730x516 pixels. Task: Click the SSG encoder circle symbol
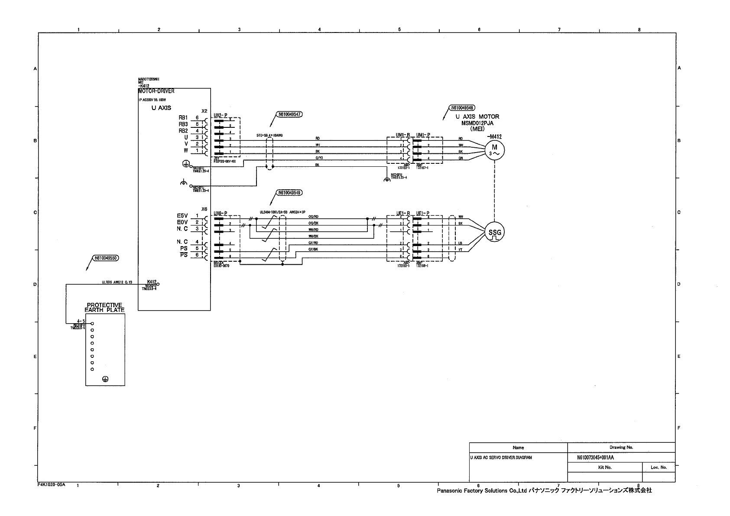click(494, 232)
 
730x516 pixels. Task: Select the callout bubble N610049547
click(289, 114)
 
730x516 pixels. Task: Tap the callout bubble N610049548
click(462, 108)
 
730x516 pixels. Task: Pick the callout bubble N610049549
click(289, 192)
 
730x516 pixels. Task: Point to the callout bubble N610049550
click(106, 258)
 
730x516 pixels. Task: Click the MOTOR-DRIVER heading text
click(156, 91)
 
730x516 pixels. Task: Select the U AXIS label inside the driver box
click(161, 108)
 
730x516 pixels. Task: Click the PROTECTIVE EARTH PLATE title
click(104, 307)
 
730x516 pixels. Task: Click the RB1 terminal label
click(183, 117)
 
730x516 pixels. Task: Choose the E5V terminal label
click(182, 216)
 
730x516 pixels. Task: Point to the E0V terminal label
click(182, 222)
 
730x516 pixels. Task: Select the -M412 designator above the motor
click(494, 136)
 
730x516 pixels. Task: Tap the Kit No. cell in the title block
click(604, 467)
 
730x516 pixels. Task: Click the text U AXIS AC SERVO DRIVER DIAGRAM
click(501, 458)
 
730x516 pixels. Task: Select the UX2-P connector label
click(221, 115)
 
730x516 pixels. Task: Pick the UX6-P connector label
click(221, 214)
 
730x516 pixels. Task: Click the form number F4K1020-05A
click(51, 485)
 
